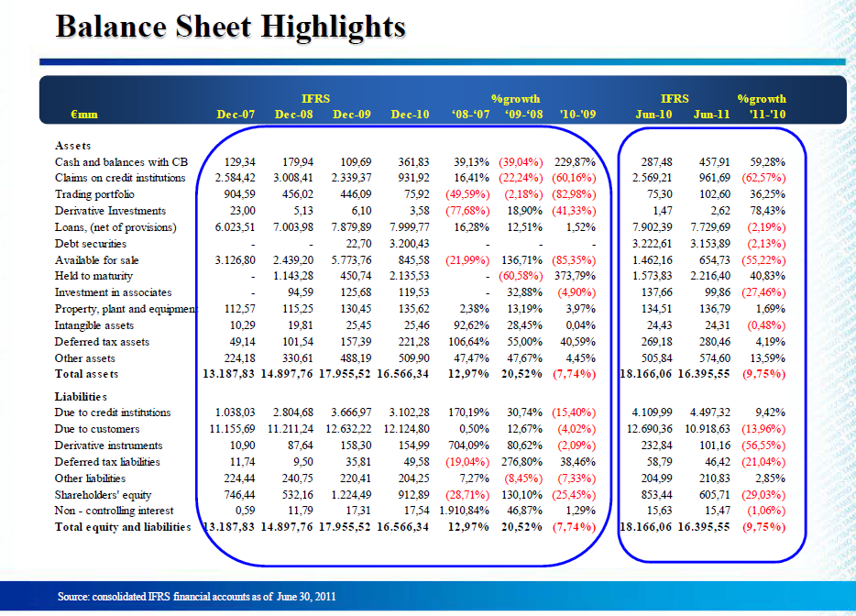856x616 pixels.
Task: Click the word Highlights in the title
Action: point(333,27)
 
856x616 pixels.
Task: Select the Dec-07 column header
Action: point(236,115)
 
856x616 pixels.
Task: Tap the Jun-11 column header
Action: point(711,115)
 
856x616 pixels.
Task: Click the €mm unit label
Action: point(84,115)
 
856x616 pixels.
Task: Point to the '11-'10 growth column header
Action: point(768,115)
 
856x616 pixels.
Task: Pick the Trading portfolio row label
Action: point(94,194)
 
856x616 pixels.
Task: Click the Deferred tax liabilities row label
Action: point(107,462)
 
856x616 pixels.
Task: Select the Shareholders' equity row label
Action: point(103,495)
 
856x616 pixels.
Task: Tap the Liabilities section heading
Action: point(81,397)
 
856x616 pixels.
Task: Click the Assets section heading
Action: point(72,146)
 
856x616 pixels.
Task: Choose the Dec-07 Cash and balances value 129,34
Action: point(239,162)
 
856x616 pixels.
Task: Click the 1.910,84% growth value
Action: point(464,511)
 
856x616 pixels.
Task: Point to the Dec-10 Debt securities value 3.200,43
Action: point(410,244)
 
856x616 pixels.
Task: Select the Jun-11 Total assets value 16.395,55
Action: point(704,374)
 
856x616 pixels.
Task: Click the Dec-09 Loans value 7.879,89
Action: point(351,227)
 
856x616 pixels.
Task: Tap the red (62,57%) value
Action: point(763,178)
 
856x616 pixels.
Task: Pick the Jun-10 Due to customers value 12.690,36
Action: point(650,429)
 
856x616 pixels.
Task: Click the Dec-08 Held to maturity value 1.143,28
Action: point(293,276)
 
